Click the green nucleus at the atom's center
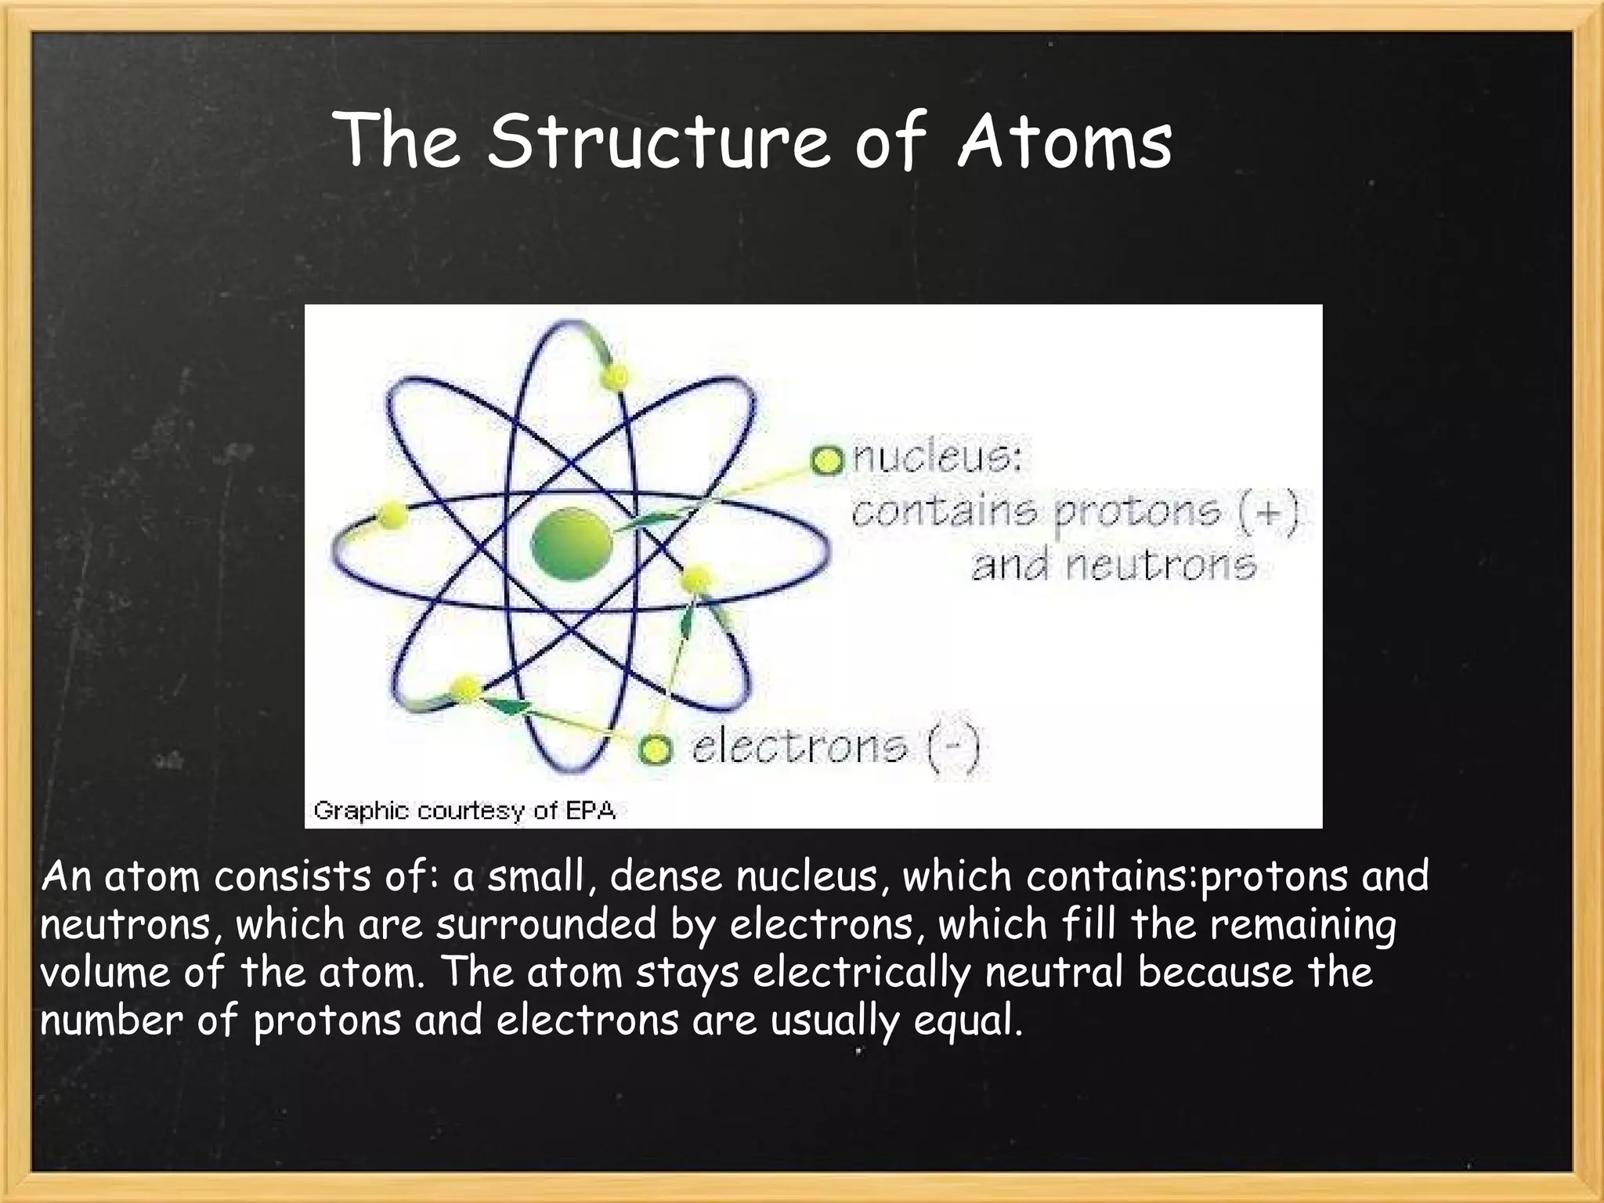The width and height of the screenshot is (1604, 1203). pos(571,544)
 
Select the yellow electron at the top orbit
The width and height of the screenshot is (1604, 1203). pos(615,378)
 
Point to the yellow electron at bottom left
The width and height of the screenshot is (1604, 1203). pos(466,688)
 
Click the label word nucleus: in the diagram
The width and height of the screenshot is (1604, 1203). pos(937,457)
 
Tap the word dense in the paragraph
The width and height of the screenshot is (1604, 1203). pos(666,876)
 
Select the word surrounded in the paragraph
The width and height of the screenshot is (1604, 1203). pos(546,924)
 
